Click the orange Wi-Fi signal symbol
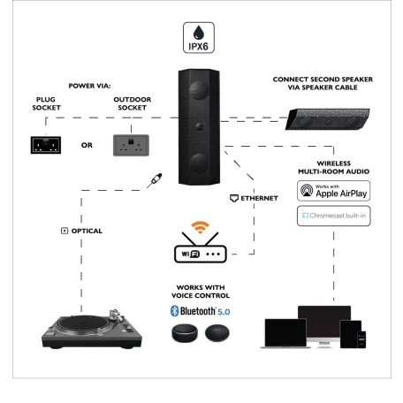tap(201, 230)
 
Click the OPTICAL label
tap(81, 231)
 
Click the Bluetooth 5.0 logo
tap(200, 310)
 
